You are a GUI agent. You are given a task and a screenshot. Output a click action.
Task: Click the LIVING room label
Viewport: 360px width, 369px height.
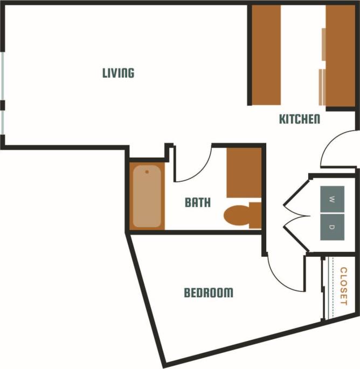118,73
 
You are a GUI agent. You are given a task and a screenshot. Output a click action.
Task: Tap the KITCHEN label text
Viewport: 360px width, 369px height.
300,119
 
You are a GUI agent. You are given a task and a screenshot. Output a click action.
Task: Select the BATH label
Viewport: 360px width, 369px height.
198,203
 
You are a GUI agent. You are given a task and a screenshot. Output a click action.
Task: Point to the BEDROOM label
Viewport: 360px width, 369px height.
209,293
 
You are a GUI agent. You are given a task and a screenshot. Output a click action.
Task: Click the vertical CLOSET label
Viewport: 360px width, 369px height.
343,286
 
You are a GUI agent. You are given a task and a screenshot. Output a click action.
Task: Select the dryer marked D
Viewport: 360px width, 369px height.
332,227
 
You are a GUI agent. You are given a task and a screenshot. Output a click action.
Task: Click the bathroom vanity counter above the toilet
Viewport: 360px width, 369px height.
243,173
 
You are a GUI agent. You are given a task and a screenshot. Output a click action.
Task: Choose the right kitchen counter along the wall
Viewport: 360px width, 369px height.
341,56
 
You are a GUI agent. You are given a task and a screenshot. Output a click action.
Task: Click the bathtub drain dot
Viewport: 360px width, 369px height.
147,172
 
